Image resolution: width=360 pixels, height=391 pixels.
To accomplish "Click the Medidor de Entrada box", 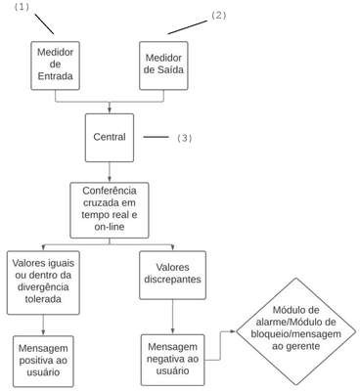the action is click(x=55, y=65).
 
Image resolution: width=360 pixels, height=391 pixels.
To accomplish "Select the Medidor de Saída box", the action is click(x=163, y=65).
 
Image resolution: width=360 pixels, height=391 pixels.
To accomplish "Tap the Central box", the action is click(x=110, y=138).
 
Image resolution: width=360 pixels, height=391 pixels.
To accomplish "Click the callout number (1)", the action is click(x=22, y=7).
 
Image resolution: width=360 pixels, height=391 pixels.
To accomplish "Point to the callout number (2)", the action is click(x=218, y=16).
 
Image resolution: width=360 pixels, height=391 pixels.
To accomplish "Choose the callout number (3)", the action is click(x=185, y=138).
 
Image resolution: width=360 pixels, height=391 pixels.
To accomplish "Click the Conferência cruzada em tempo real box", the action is click(x=110, y=210).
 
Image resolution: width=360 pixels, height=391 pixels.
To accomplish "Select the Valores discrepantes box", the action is click(x=172, y=275).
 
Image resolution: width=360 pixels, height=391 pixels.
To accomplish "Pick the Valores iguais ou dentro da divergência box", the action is click(x=43, y=282).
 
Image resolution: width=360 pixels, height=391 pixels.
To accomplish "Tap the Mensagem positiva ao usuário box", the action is click(x=43, y=361).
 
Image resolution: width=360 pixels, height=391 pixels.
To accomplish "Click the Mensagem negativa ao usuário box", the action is click(x=172, y=360).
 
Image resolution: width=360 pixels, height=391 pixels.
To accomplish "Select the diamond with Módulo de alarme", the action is click(x=295, y=331).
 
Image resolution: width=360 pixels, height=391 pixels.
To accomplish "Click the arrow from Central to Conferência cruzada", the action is click(x=110, y=172).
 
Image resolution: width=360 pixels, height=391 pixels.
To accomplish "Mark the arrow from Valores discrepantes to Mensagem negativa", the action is click(x=172, y=317).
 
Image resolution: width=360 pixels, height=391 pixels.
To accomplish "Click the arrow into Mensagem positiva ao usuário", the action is click(x=43, y=326).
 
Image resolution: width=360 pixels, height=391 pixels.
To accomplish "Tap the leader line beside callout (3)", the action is click(x=156, y=137).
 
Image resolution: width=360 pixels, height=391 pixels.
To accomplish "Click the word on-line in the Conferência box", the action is click(x=110, y=227).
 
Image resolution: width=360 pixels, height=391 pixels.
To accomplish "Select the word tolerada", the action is click(x=43, y=299).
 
